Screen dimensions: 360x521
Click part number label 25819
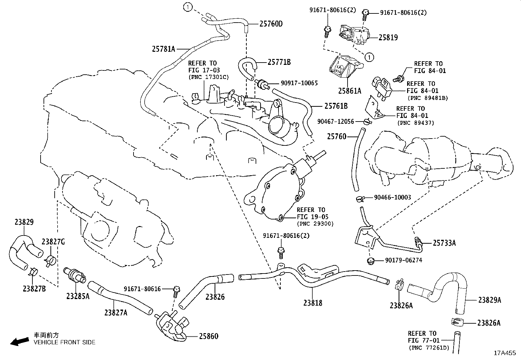[388, 38]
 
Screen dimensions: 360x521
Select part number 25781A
[164, 49]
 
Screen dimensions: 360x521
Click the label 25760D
[271, 24]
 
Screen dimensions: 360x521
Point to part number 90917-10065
[299, 83]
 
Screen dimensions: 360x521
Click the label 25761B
[336, 106]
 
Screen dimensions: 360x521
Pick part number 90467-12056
[335, 122]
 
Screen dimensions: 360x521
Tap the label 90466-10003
[393, 198]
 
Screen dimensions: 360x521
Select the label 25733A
[444, 243]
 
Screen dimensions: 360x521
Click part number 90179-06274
[404, 260]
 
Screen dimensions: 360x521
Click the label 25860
[208, 336]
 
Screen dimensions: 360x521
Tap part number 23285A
[78, 296]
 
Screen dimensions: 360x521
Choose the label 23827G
[53, 242]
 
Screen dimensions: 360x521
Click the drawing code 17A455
[505, 353]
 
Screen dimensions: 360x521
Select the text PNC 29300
[315, 224]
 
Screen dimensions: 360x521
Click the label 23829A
[490, 300]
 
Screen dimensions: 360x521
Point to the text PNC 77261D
[429, 348]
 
